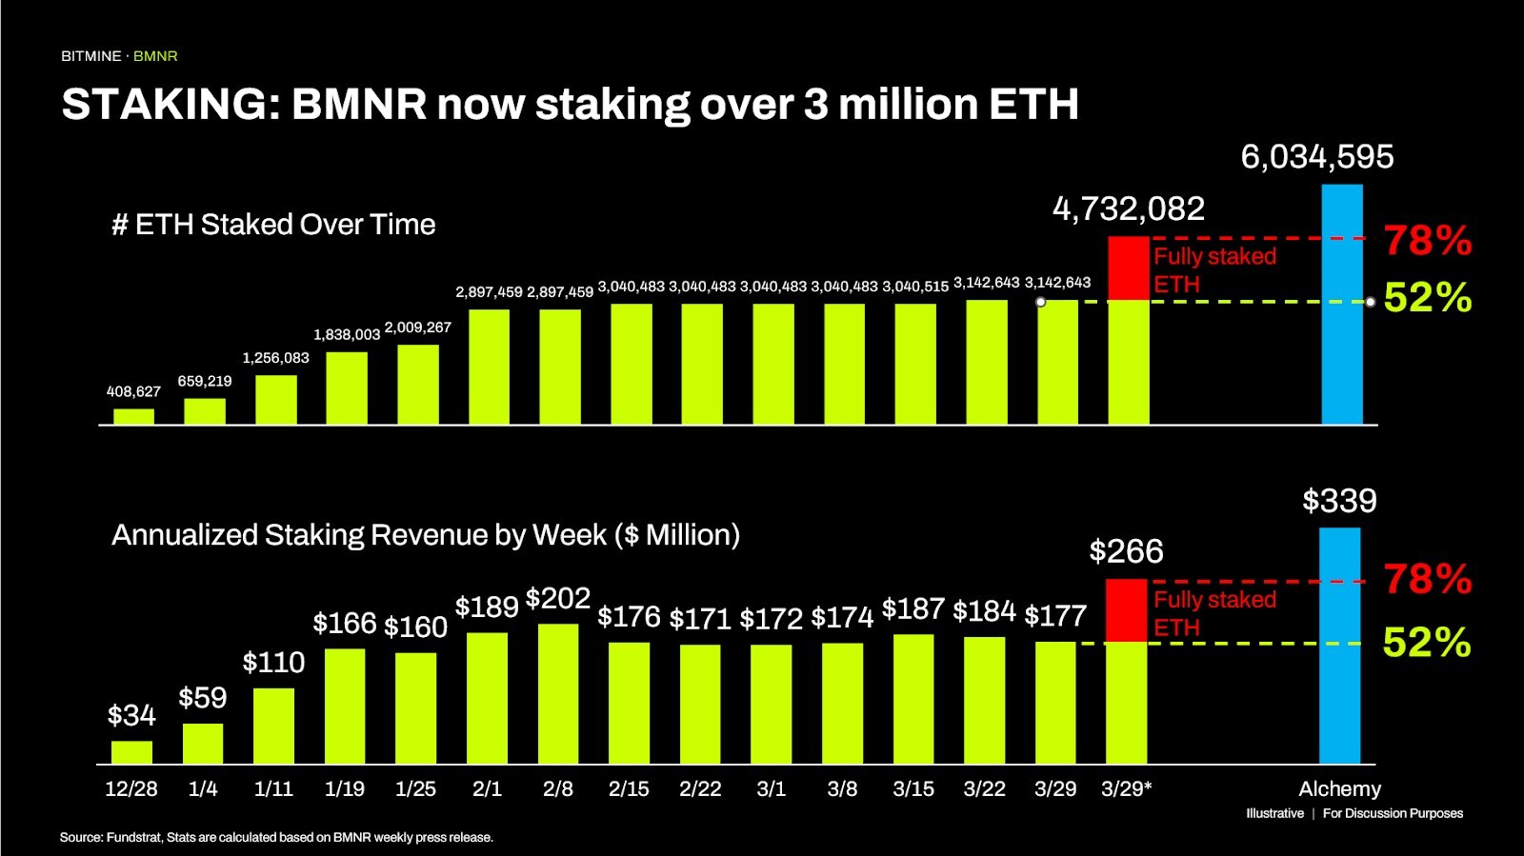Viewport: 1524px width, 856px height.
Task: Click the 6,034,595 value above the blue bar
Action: (x=1316, y=157)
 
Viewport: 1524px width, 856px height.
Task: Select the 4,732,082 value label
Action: (x=1128, y=209)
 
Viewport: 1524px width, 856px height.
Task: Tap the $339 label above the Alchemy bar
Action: (x=1339, y=501)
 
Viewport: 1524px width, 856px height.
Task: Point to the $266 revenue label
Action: (x=1126, y=551)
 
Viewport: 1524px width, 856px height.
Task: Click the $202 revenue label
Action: (x=558, y=599)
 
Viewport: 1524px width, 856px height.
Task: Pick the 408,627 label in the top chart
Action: (x=133, y=391)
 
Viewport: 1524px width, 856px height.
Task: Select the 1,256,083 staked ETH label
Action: (x=275, y=358)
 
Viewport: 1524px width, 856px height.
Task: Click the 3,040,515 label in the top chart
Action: (x=915, y=287)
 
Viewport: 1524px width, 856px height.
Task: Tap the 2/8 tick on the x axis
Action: (x=557, y=789)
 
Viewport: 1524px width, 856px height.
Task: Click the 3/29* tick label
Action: (x=1126, y=789)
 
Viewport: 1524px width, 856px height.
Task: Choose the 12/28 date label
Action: (x=131, y=789)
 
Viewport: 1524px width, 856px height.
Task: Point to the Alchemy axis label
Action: (x=1339, y=789)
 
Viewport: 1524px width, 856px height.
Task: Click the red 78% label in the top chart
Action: (x=1427, y=240)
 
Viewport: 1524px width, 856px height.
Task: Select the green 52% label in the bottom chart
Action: (x=1426, y=643)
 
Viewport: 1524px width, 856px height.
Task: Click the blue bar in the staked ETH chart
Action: (x=1342, y=305)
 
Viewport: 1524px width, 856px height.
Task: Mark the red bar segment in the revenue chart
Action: (x=1126, y=610)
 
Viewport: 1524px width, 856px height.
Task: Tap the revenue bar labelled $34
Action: (x=131, y=752)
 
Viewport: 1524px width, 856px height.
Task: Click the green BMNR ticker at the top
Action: (x=155, y=56)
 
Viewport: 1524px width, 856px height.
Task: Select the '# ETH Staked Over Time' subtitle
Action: (x=273, y=225)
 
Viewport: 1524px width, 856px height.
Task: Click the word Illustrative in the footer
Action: (x=1274, y=813)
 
